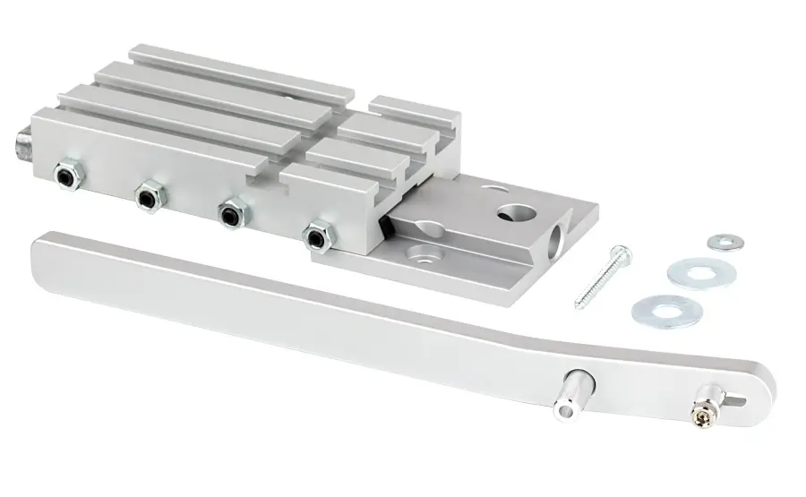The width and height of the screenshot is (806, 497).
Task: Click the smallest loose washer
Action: click(x=725, y=242)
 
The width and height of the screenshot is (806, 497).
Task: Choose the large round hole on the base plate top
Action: click(x=517, y=213)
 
